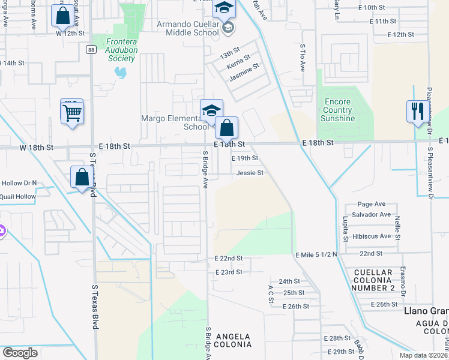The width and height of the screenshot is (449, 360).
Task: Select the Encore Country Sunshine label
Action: (337, 110)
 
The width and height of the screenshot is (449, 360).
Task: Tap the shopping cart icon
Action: (72, 112)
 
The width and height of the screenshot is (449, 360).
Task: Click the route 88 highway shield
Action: (89, 49)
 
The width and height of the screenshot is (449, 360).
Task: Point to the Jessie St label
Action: (250, 173)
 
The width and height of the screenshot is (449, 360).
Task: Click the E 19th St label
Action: (245, 158)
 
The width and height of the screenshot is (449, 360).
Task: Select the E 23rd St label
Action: (229, 272)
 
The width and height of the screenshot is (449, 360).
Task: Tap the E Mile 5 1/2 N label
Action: (316, 255)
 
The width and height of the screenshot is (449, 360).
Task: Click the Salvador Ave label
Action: (372, 215)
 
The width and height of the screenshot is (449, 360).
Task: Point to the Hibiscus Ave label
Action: (372, 236)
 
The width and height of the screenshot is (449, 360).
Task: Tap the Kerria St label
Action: (238, 62)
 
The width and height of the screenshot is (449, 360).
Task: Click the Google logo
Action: (20, 352)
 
